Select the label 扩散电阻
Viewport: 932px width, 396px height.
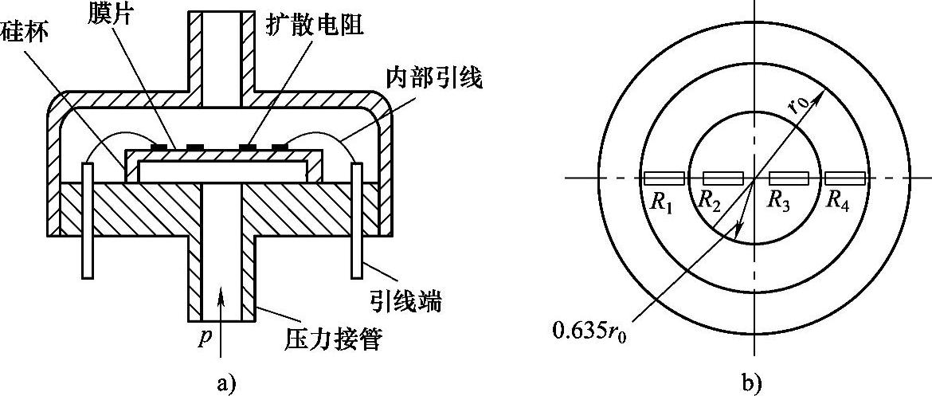click(x=314, y=24)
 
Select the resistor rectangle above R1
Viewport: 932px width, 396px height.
click(x=664, y=178)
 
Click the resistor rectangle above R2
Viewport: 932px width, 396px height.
click(x=722, y=178)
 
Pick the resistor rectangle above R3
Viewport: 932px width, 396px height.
click(x=789, y=178)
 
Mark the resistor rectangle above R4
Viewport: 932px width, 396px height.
click(x=845, y=178)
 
